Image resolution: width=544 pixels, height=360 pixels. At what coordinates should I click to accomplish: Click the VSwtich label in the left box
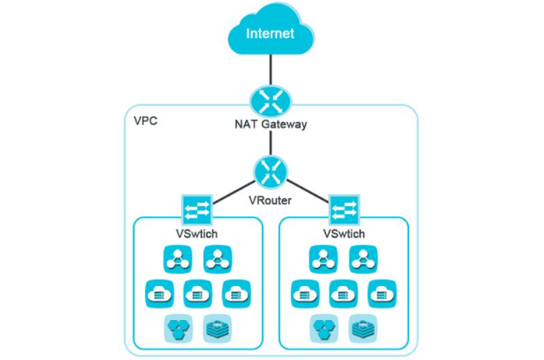(x=196, y=234)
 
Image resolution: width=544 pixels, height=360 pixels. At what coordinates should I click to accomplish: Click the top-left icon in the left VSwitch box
(x=176, y=259)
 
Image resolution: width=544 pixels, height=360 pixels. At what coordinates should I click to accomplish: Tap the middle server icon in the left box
(x=196, y=293)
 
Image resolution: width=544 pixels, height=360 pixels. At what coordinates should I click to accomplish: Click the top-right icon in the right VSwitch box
(x=362, y=259)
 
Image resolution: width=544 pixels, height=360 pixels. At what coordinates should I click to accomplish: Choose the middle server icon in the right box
(x=342, y=293)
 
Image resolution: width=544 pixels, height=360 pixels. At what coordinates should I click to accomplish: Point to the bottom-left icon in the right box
(x=322, y=327)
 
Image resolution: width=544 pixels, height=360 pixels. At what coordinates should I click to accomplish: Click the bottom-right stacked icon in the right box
(x=362, y=327)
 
